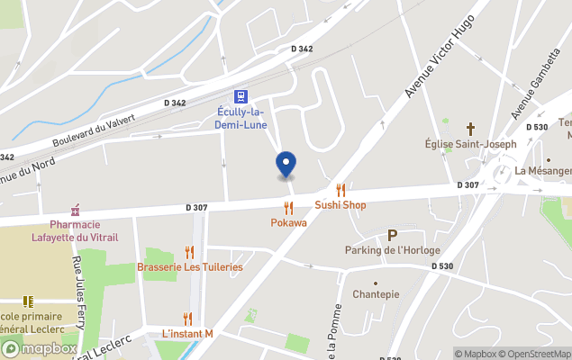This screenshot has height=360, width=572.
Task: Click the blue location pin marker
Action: (x=286, y=165)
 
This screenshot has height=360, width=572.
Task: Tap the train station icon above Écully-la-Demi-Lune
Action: (x=241, y=96)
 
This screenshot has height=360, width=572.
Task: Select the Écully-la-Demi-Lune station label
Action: (x=241, y=118)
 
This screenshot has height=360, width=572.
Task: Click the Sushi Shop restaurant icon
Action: (x=340, y=190)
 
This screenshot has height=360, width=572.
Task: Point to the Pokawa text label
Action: (x=288, y=222)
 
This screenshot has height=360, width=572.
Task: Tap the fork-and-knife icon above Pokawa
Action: (x=288, y=208)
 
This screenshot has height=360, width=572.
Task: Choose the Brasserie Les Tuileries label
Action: (x=190, y=267)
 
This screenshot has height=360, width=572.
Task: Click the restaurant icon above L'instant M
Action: (x=187, y=319)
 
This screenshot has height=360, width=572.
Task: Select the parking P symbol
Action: (x=392, y=235)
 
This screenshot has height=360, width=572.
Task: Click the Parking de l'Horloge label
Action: (x=392, y=249)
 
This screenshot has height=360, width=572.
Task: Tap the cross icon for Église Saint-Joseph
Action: (x=470, y=129)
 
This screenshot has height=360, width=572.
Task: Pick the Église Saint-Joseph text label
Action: (x=471, y=144)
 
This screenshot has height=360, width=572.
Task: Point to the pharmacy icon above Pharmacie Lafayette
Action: (x=75, y=209)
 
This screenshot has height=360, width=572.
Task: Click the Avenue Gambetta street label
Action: (x=530, y=93)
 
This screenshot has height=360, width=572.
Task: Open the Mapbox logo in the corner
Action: (x=38, y=349)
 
